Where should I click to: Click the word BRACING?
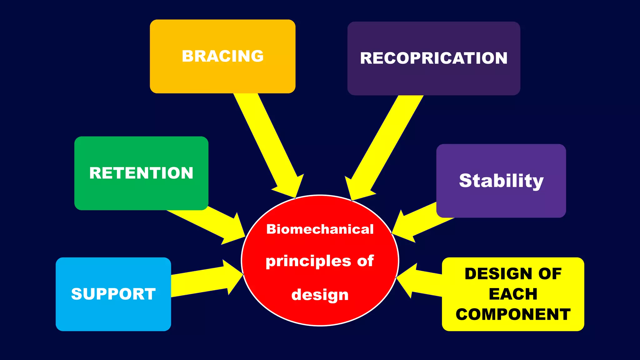tap(222, 56)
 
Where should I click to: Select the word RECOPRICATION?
tap(434, 58)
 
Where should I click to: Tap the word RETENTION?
tap(141, 173)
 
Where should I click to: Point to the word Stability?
tap(501, 181)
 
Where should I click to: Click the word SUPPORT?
tap(113, 294)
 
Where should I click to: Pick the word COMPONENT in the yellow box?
tap(513, 314)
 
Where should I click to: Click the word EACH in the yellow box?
tap(513, 294)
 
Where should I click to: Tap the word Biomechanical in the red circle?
tap(320, 229)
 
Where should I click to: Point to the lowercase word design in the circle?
tap(320, 295)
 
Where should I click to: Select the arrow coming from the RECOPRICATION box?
tap(384, 147)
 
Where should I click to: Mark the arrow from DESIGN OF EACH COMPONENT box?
tap(419, 281)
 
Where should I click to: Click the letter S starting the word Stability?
tap(466, 181)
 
